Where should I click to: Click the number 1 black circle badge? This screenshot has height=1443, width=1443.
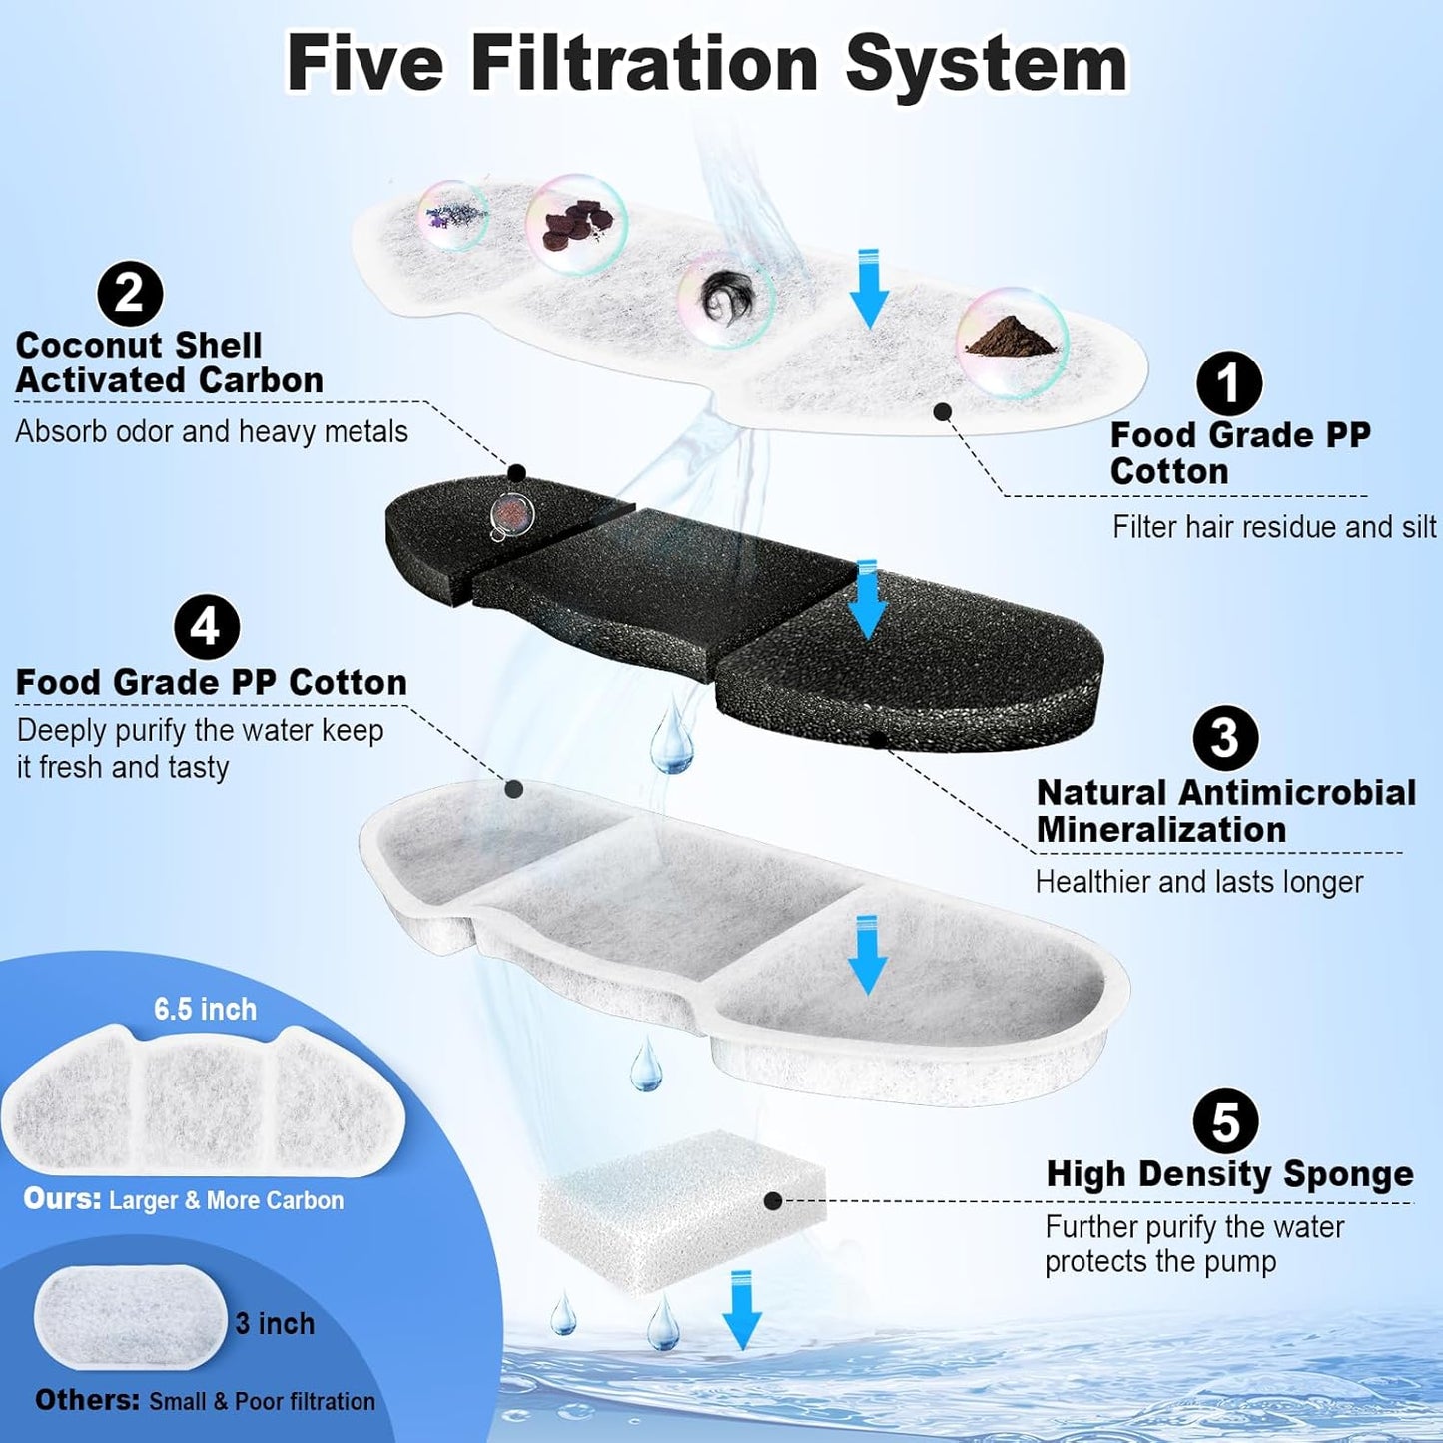(1228, 383)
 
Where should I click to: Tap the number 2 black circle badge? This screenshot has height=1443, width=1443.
(130, 294)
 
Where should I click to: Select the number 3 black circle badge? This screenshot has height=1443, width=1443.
(1225, 739)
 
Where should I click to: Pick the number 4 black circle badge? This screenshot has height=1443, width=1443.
(206, 627)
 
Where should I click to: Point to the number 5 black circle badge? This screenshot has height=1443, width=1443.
(1225, 1121)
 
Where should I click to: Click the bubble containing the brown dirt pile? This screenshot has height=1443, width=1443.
(1012, 343)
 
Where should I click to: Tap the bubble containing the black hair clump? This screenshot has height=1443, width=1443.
(726, 299)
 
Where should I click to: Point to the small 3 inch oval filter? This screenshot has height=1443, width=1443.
(130, 1317)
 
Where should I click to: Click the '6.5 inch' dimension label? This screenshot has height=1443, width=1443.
(205, 1009)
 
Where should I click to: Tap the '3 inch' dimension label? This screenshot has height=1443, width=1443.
(275, 1324)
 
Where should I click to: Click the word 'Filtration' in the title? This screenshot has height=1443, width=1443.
(644, 63)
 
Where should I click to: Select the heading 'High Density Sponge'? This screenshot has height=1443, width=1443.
(1229, 1174)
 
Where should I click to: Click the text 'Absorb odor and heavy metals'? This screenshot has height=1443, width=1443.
(212, 431)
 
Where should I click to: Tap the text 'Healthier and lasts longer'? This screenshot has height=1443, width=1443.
(1198, 882)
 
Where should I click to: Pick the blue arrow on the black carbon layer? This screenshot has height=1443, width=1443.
(867, 599)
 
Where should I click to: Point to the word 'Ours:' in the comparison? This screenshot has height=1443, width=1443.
(62, 1199)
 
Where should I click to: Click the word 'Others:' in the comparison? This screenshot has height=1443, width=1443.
(87, 1400)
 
